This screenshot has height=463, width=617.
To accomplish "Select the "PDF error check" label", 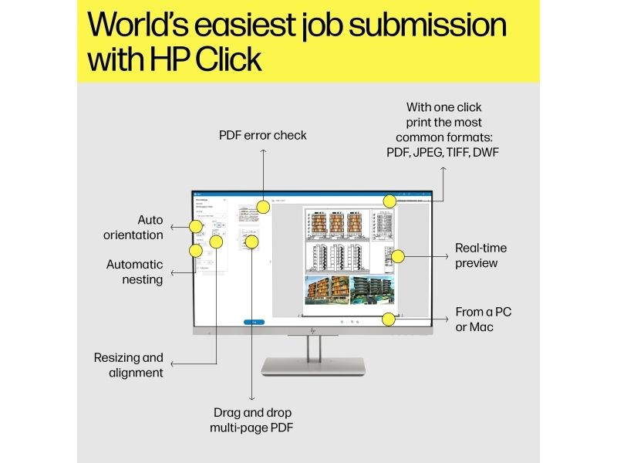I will [x=262, y=135].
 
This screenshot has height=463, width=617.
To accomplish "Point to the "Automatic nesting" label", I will [x=135, y=272].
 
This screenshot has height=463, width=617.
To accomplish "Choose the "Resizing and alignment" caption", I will [x=129, y=365].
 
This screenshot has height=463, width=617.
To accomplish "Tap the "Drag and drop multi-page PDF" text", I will [x=252, y=420].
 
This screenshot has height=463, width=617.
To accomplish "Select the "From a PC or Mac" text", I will [x=484, y=319].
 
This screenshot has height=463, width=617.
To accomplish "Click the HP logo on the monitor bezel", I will [x=313, y=330].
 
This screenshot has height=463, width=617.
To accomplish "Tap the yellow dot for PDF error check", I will [x=263, y=207].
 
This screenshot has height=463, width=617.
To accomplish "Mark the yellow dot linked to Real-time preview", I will [x=398, y=255].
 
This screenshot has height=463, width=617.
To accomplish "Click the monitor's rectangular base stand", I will [x=313, y=365].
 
